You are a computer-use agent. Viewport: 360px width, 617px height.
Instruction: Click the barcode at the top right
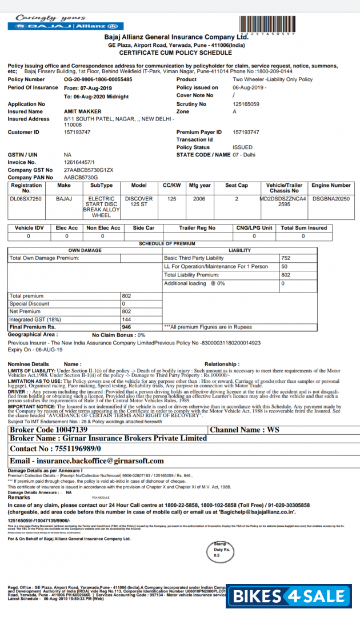pos(267,25)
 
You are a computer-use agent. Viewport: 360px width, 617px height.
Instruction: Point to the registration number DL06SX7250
pos(26,199)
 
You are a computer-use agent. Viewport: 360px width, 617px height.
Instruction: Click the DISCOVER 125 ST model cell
pos(139,202)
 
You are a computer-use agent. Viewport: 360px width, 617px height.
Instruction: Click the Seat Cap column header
pos(237,185)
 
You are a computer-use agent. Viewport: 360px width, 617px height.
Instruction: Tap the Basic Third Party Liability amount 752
pos(286,258)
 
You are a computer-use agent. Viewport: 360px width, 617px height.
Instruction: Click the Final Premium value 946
pos(127,327)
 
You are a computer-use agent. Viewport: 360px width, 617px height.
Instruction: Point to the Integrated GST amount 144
pos(127,319)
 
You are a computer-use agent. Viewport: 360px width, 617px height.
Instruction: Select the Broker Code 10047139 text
pos(49,430)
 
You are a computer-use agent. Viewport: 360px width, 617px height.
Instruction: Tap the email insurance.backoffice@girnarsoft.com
pos(87,460)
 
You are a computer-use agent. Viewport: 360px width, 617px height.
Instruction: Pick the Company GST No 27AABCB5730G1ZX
pos(89,170)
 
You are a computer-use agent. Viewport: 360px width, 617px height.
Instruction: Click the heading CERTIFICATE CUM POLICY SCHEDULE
pos(175,52)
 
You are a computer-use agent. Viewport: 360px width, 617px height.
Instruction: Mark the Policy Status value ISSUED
pos(243,147)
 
